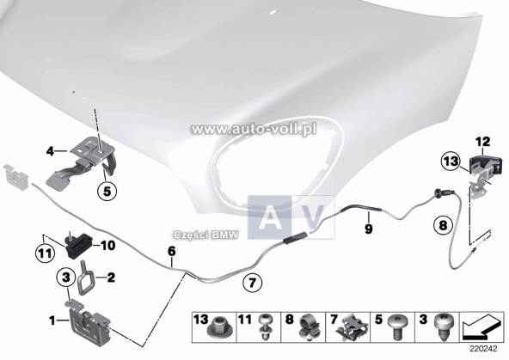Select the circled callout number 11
[45, 252]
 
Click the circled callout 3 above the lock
[67, 277]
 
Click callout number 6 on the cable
[171, 252]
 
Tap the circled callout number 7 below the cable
[253, 280]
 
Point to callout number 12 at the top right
[481, 140]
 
